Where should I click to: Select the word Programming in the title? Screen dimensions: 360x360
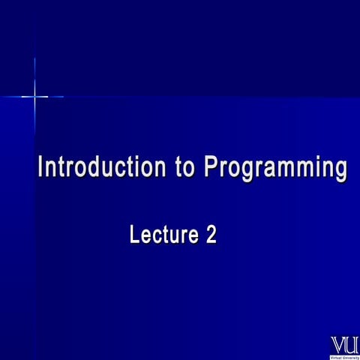[x=274, y=168]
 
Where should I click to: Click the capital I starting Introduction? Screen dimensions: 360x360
[x=40, y=166]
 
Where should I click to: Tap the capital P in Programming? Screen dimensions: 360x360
[x=210, y=166]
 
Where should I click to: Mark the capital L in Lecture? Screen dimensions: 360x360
[x=135, y=235]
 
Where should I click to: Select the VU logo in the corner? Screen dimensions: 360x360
[x=344, y=346]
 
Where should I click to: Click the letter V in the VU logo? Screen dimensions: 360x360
[x=338, y=343]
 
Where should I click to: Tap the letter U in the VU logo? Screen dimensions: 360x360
[x=351, y=343]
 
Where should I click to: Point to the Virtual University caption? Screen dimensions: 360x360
[x=344, y=356]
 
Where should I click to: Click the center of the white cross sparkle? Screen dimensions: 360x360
[x=34, y=96]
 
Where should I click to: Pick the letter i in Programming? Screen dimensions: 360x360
[x=316, y=166]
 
